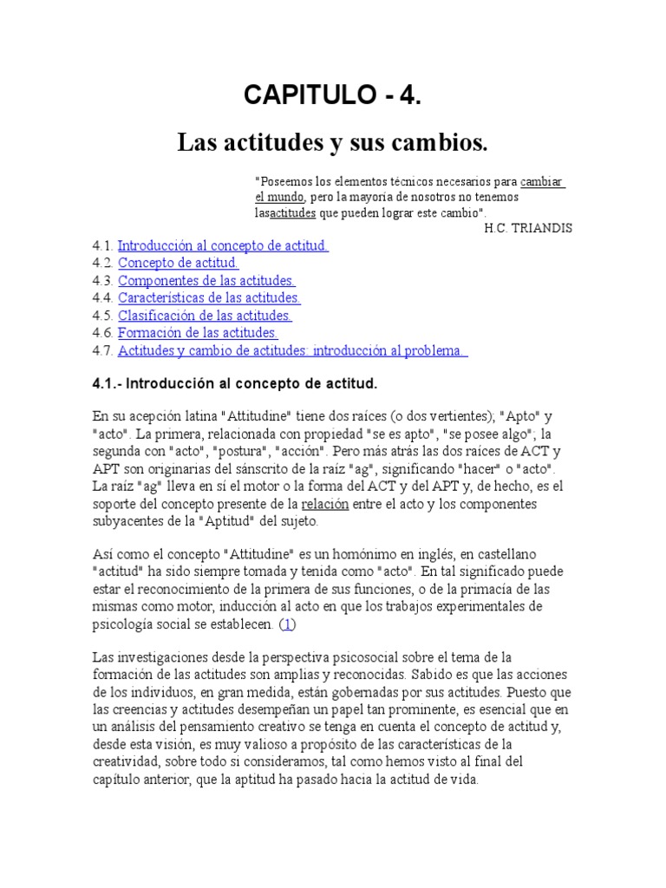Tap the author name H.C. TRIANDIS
pyautogui.click(x=528, y=228)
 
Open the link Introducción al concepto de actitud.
pyautogui.click(x=223, y=245)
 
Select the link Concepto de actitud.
pyautogui.click(x=178, y=263)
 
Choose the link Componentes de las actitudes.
pyautogui.click(x=206, y=280)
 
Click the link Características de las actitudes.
pyautogui.click(x=209, y=297)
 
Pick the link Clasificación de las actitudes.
pyautogui.click(x=205, y=315)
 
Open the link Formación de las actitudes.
pyautogui.click(x=198, y=332)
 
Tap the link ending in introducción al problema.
pyautogui.click(x=292, y=350)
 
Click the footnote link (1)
pyautogui.click(x=289, y=624)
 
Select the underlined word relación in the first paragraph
pyautogui.click(x=326, y=504)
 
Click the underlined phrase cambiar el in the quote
pyautogui.click(x=543, y=182)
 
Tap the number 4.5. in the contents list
pyautogui.click(x=102, y=315)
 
